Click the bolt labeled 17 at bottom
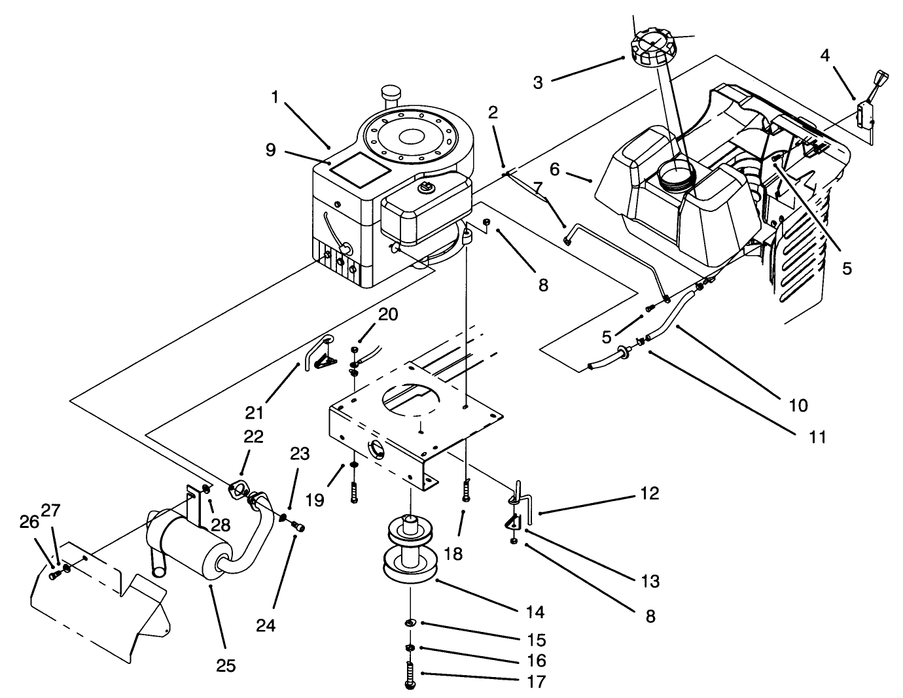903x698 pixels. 410,674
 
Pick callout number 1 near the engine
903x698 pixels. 275,97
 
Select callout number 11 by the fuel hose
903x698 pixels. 817,436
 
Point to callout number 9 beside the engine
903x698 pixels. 271,150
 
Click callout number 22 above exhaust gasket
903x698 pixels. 253,436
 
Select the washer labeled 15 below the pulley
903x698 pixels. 410,622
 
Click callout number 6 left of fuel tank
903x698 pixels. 554,169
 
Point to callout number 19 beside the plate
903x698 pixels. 315,500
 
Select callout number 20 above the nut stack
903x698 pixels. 388,314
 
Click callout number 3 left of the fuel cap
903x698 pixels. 538,82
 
